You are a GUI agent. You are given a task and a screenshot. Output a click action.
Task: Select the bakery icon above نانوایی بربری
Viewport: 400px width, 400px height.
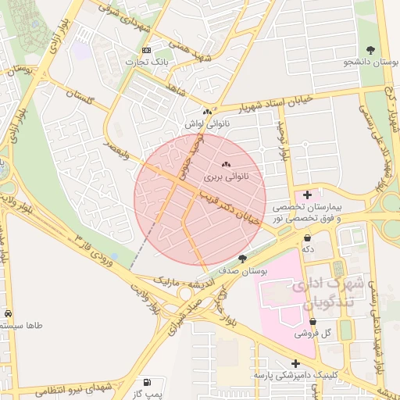click(x=227, y=164)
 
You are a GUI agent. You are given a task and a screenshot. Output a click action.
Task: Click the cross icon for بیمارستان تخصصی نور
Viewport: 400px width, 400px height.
click(x=307, y=194)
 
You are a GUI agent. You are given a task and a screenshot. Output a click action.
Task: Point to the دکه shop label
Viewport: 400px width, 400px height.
click(x=308, y=249)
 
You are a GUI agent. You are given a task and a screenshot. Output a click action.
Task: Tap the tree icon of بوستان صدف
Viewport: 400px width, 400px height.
click(x=242, y=259)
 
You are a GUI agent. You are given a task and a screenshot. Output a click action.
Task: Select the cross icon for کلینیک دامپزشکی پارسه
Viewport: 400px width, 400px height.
click(x=295, y=363)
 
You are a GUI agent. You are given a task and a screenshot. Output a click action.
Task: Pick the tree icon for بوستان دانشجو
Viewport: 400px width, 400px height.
click(x=370, y=48)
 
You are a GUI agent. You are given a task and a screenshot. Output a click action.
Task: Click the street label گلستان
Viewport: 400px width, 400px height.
click(x=79, y=98)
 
